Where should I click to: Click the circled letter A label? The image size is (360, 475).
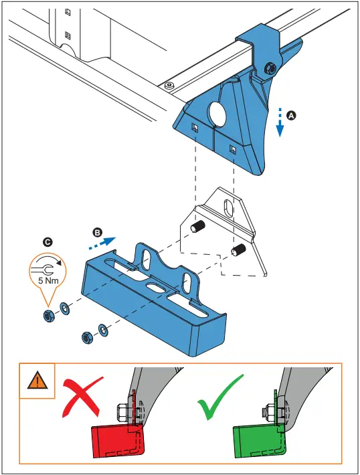[291, 115]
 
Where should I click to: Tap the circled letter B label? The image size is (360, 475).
[97, 232]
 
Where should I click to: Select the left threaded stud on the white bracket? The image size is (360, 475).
[199, 228]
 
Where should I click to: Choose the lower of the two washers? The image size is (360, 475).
[102, 330]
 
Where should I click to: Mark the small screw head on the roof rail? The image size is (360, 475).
[168, 85]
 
